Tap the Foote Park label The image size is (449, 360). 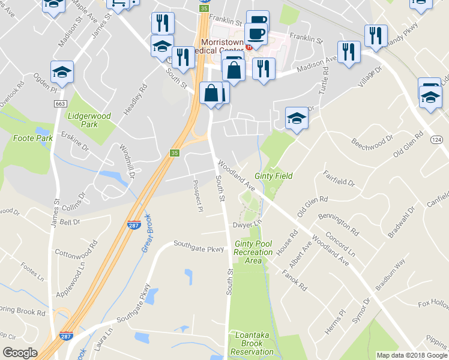(29, 138)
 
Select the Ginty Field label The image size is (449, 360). (273, 176)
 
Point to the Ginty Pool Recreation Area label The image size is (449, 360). (253, 252)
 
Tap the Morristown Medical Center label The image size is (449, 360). (222, 47)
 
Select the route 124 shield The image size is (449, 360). (436, 139)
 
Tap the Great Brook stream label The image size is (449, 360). (146, 233)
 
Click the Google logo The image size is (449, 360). (20, 353)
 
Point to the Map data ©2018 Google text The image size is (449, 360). (411, 355)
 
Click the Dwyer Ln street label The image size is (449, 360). (248, 224)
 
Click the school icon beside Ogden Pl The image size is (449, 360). (62, 72)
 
